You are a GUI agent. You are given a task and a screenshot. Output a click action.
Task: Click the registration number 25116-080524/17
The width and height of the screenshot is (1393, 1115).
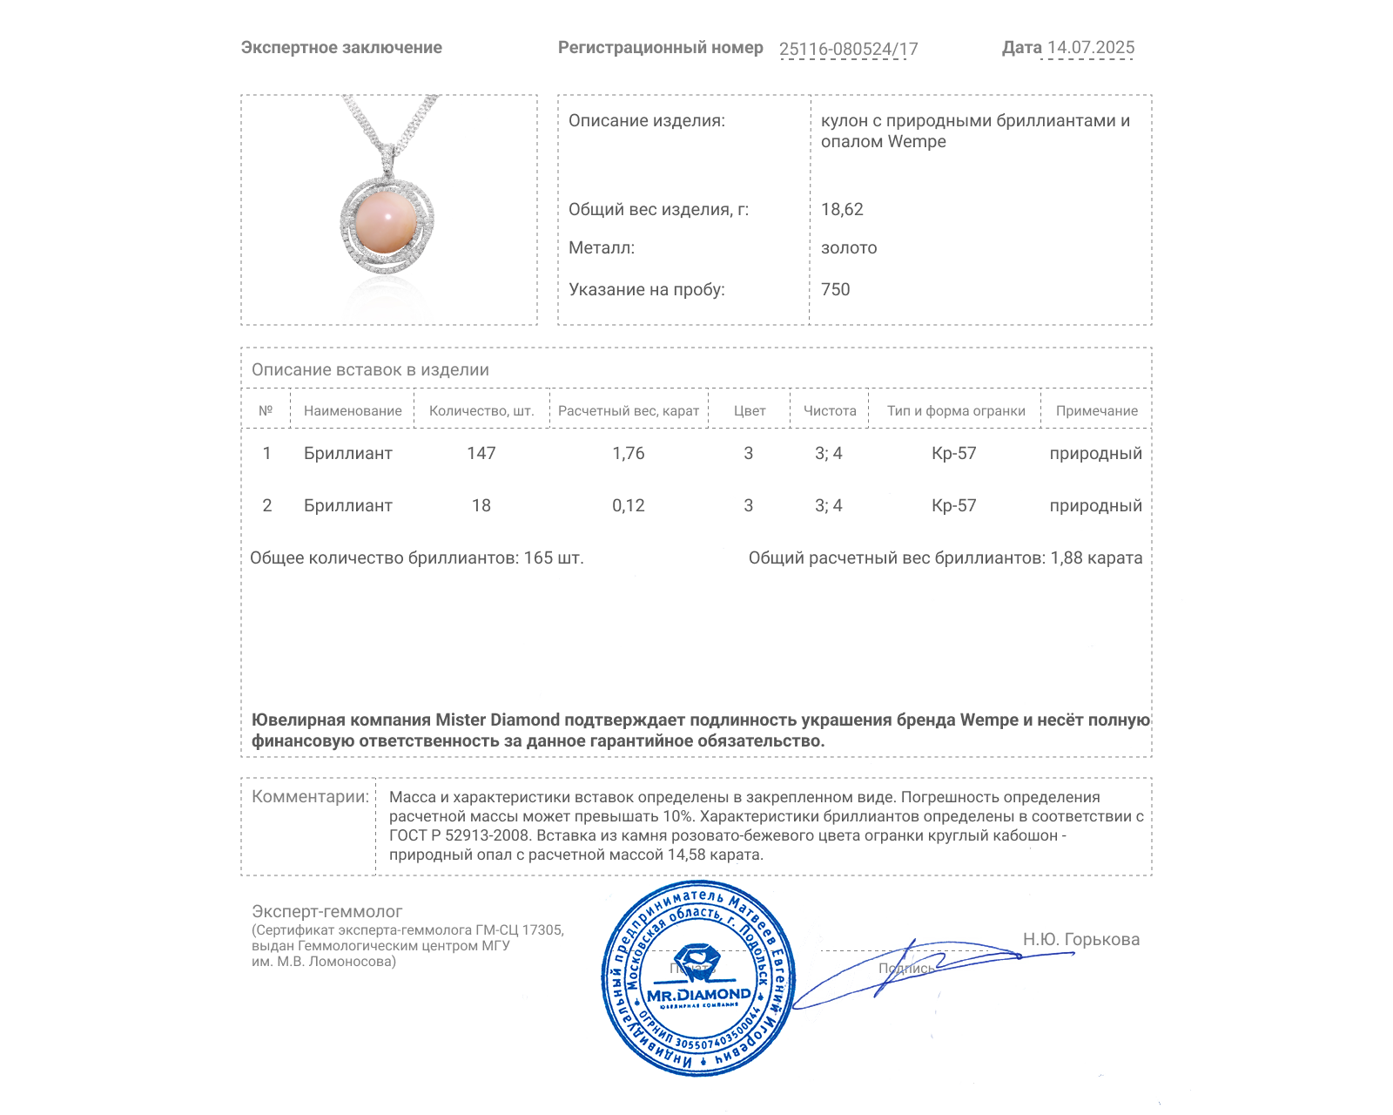pos(848,49)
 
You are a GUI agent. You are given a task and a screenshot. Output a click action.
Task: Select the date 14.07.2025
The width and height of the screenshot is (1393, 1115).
pos(1090,48)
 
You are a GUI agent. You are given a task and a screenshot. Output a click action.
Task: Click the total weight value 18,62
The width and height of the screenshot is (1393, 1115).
pos(842,209)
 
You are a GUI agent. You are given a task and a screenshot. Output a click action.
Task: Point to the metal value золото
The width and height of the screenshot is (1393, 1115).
pos(849,247)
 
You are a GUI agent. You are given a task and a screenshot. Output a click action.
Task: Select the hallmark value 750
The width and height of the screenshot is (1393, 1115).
pos(835,289)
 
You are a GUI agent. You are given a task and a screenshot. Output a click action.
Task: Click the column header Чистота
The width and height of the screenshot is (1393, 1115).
pos(830,411)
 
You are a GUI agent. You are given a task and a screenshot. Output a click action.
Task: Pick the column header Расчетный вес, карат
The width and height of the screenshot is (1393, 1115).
pos(629,411)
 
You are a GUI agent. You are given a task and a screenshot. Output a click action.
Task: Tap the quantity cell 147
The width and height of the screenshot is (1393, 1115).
pos(481,453)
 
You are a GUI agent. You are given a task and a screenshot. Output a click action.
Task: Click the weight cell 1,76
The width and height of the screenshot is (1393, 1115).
pos(629,453)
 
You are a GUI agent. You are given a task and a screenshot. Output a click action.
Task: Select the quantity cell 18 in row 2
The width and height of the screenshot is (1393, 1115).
pos(481,505)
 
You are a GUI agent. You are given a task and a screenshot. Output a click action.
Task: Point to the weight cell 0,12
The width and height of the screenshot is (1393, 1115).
pos(629,505)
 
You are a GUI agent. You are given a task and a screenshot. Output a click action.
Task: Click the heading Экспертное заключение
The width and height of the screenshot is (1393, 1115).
pos(341,48)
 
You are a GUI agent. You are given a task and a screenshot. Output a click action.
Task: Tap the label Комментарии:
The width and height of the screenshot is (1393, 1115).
pos(310,796)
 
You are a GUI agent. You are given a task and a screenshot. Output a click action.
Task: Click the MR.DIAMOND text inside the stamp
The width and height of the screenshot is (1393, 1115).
pos(698,995)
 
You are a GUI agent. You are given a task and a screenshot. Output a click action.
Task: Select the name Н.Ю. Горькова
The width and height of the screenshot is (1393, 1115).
pos(1080,939)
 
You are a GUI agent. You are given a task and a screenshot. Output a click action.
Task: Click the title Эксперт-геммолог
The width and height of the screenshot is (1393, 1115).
pos(327,911)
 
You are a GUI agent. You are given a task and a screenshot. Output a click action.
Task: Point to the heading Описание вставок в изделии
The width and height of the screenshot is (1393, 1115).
pos(370,369)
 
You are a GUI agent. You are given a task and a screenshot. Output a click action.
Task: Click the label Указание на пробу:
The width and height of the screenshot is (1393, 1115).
pos(646,289)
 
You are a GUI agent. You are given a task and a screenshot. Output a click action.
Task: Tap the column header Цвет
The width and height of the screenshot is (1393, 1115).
pos(750,411)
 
